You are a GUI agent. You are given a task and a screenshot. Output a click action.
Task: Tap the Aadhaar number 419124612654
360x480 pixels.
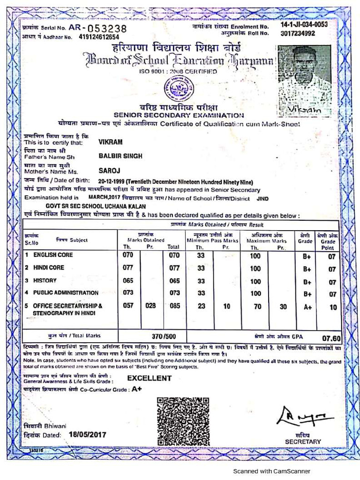pyautogui.click(x=99, y=37)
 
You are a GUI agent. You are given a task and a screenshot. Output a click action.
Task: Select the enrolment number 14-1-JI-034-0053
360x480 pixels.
pyautogui.click(x=304, y=24)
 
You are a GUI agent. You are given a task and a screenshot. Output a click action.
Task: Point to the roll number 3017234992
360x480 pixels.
pyautogui.click(x=298, y=33)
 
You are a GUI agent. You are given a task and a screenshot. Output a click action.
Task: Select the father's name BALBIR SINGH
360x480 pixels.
pyautogui.click(x=120, y=156)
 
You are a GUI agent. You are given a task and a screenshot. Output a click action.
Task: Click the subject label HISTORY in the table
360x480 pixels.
pyautogui.click(x=45, y=280)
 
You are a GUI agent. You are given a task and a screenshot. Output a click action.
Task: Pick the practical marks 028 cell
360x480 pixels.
pyautogui.click(x=150, y=306)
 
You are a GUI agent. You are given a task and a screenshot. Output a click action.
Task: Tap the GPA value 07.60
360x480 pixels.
pyautogui.click(x=331, y=338)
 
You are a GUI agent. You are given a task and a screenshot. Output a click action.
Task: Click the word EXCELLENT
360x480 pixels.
pyautogui.click(x=150, y=378)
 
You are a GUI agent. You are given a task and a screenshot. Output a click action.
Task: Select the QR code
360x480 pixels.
pyautogui.click(x=183, y=421)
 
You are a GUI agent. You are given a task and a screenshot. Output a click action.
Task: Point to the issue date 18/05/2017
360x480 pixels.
pyautogui.click(x=87, y=435)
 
